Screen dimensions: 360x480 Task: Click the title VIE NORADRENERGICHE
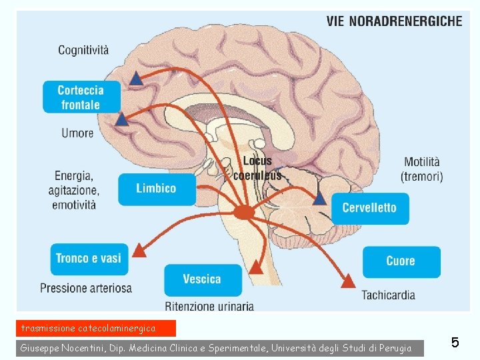coord(394,21)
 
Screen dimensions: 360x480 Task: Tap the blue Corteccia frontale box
coord(82,97)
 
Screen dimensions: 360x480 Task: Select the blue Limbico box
coord(157,189)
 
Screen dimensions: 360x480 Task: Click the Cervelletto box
coord(369,208)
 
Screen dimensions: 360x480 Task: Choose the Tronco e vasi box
coord(89,259)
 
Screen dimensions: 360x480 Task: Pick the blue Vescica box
coord(202,279)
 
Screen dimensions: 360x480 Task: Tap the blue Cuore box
coord(401,261)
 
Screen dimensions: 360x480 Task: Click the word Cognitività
coord(83,49)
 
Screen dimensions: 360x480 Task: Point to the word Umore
coord(77,133)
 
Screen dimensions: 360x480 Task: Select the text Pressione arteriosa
coord(86,288)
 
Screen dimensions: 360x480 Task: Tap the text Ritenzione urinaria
coord(209,307)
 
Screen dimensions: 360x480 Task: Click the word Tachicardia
coord(389,295)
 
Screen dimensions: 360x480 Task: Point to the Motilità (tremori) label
coord(422,169)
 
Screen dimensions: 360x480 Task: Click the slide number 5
coord(455,343)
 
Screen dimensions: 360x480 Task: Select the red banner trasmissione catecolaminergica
coord(97,328)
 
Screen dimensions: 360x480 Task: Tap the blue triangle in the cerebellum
coord(320,198)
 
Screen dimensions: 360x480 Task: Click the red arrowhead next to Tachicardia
coord(347,281)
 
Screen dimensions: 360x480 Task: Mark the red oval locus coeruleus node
coord(244,212)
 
